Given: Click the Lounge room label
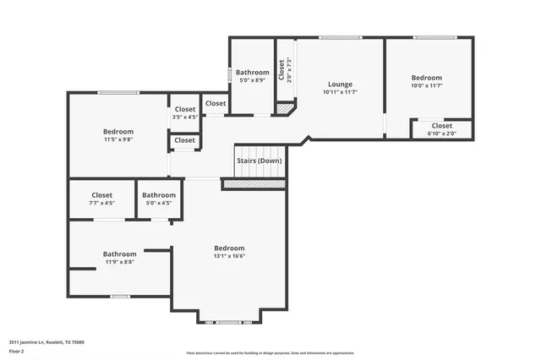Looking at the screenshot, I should pyautogui.click(x=340, y=84).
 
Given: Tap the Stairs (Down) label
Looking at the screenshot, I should pyautogui.click(x=258, y=161).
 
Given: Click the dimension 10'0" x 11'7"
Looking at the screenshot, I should pyautogui.click(x=427, y=85).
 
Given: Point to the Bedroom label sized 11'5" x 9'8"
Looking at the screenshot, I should pyautogui.click(x=118, y=131).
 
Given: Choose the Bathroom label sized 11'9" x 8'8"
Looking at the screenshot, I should pyautogui.click(x=119, y=254).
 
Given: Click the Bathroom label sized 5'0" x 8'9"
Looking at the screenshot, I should pyautogui.click(x=252, y=73).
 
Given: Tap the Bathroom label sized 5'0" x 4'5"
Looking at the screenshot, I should pyautogui.click(x=159, y=195).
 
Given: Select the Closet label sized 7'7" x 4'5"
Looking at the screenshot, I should pyautogui.click(x=102, y=195).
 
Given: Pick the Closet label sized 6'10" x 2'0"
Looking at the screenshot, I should pyautogui.click(x=442, y=126).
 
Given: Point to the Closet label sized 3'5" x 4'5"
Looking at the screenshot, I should pyautogui.click(x=184, y=109).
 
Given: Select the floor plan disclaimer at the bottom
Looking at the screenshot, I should pyautogui.click(x=270, y=353).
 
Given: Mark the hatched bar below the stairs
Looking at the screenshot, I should pyautogui.click(x=254, y=183).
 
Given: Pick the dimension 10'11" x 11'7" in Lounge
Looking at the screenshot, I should pyautogui.click(x=340, y=92).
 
